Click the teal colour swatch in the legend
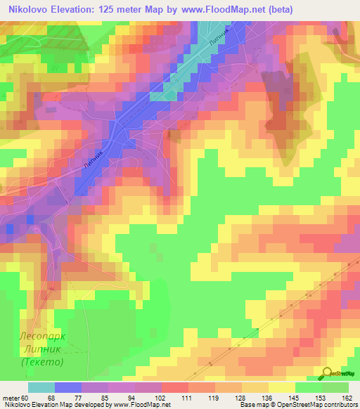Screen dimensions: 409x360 pyautogui.click(x=41, y=387)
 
